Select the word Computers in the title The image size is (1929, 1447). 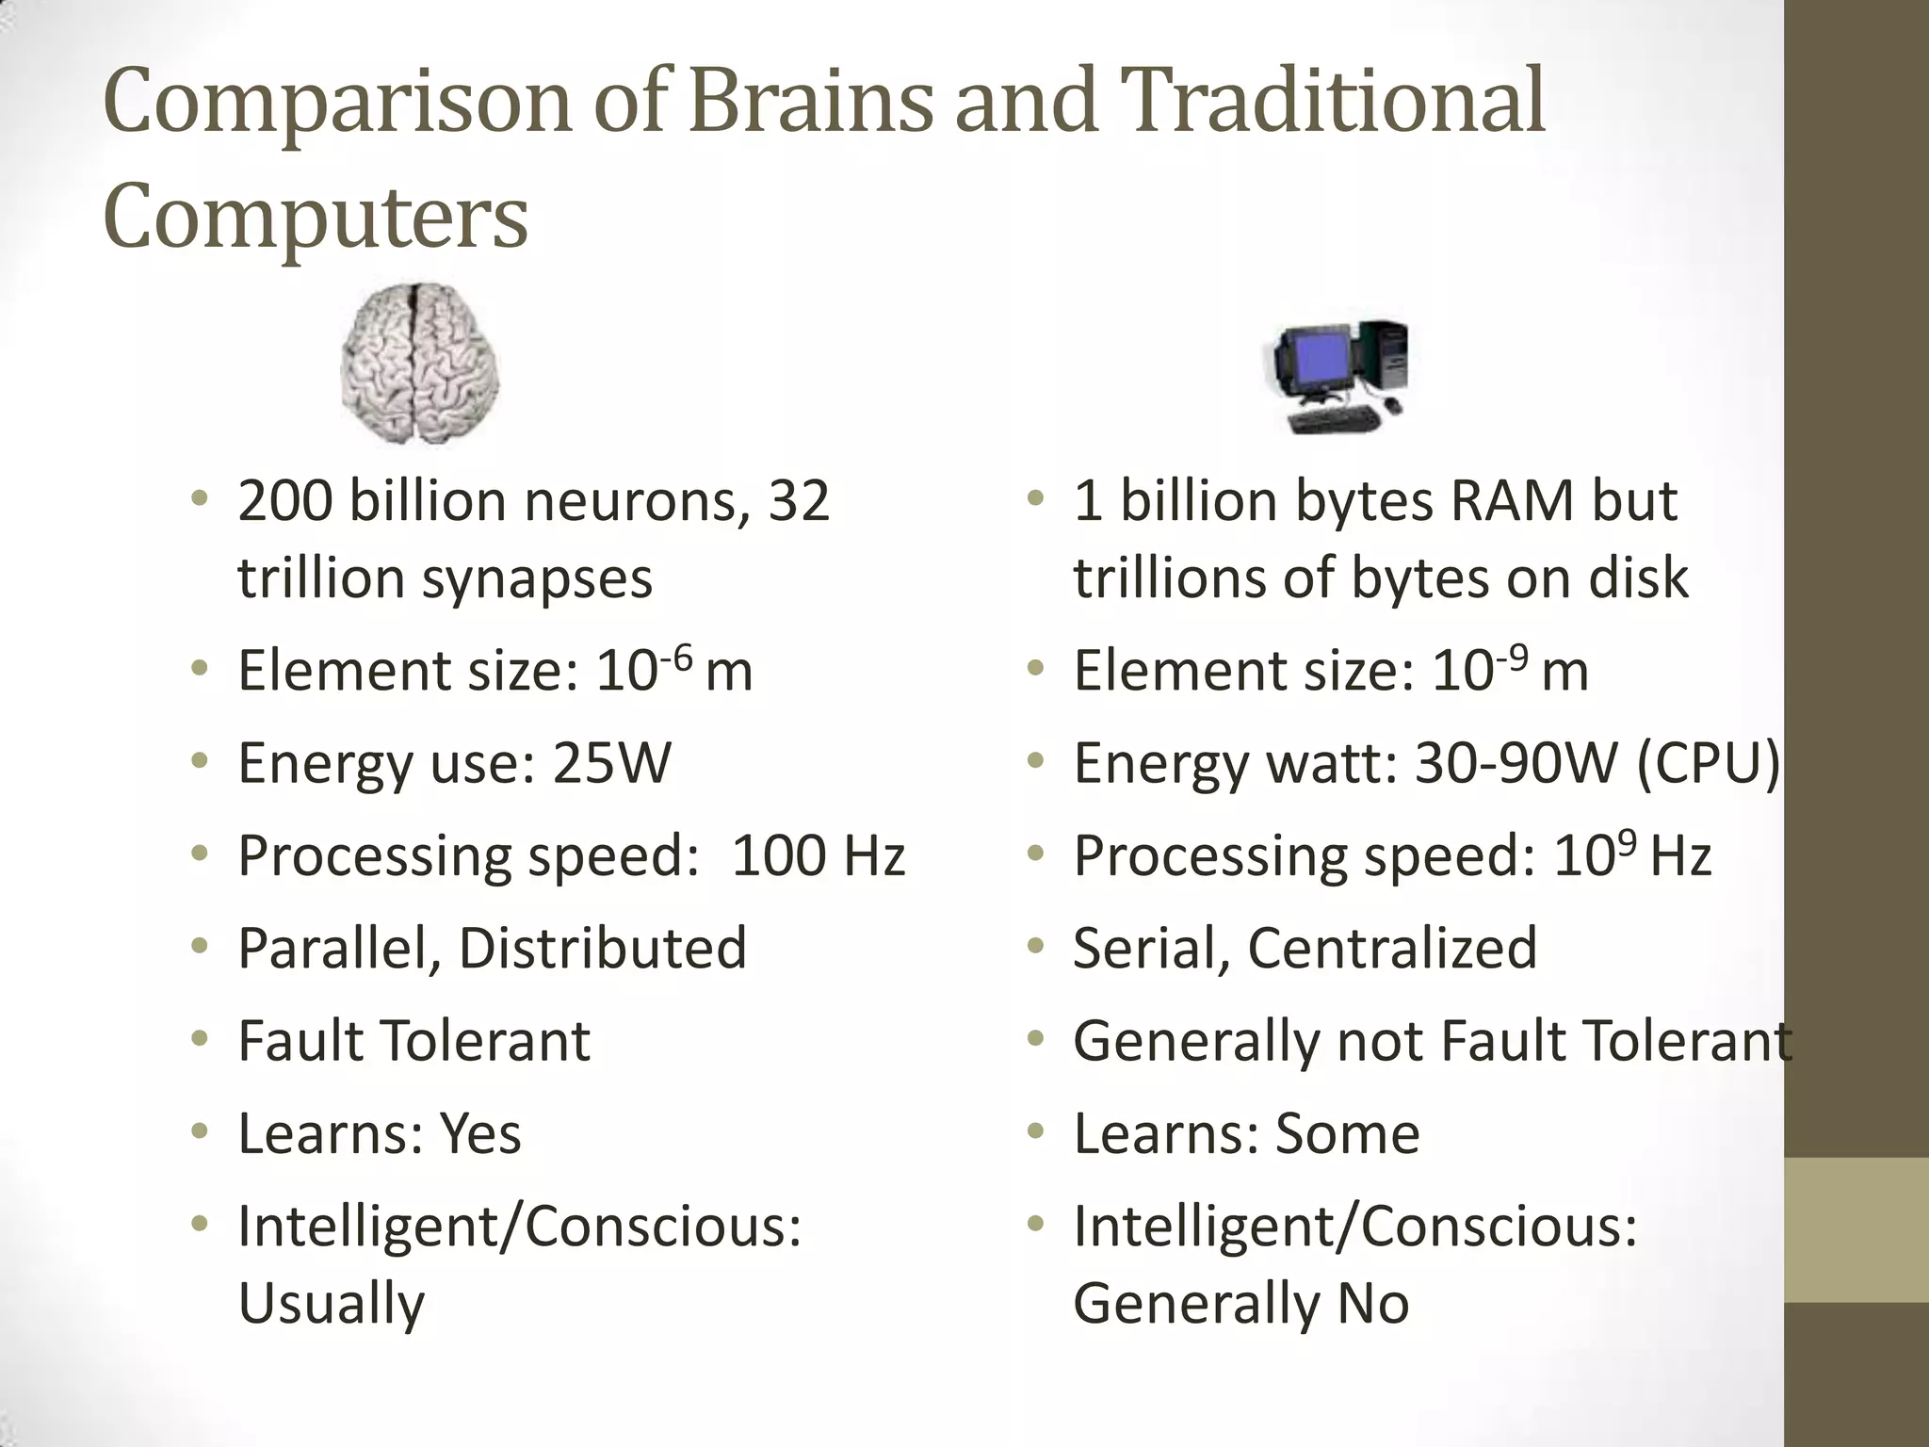point(316,218)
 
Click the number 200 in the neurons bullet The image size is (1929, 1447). point(284,500)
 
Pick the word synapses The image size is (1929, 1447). point(537,577)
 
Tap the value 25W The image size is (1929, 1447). point(611,762)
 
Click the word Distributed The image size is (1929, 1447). point(603,948)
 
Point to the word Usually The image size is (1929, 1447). point(332,1303)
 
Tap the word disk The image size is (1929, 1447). point(1639,577)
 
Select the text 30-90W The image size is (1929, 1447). point(1515,762)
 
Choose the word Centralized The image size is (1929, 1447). point(1392,948)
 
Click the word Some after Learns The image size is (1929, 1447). point(1347,1133)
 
